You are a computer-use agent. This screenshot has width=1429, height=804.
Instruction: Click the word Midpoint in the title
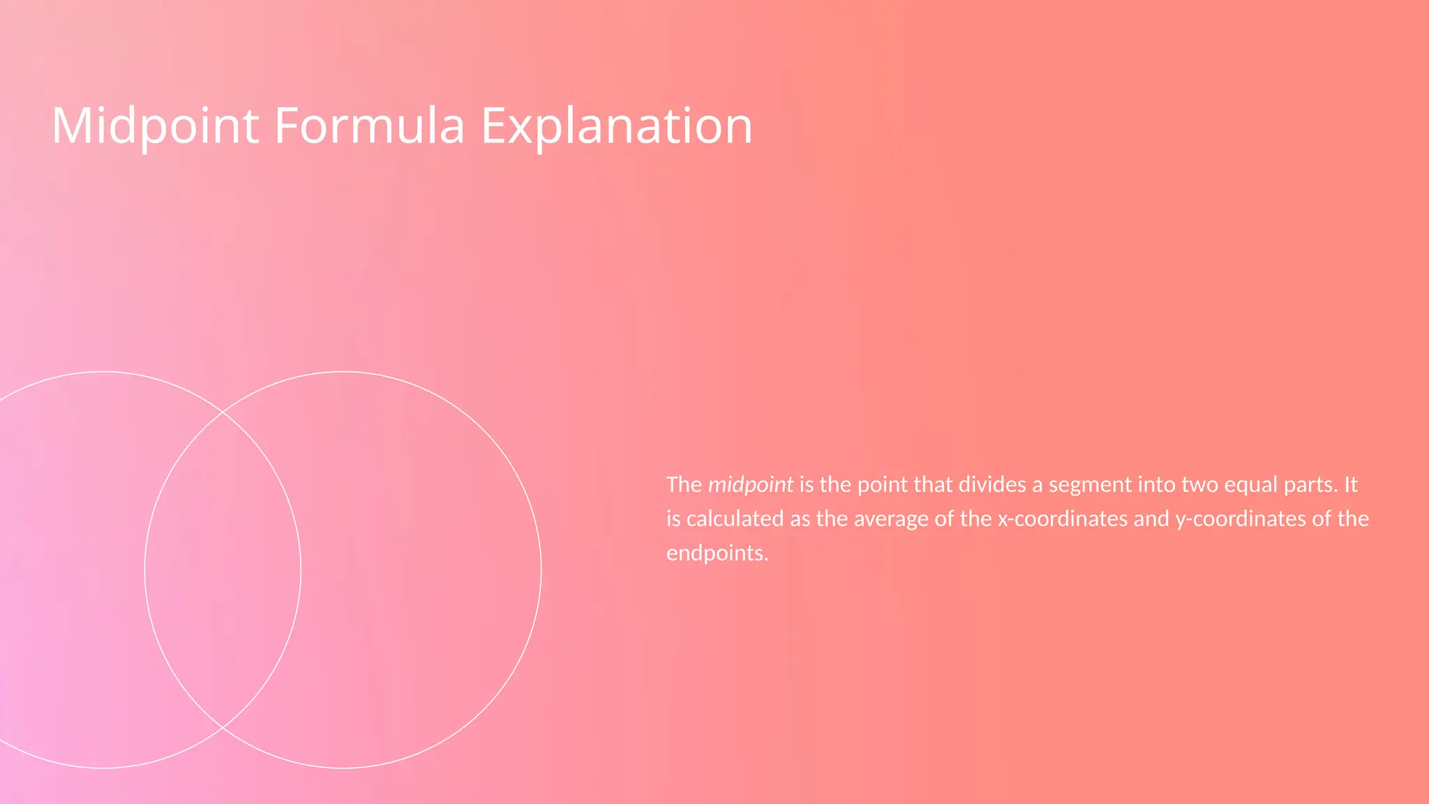tap(155, 126)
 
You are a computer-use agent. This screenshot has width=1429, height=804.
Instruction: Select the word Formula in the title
tap(369, 126)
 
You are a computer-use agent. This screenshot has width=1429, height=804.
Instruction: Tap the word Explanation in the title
tap(617, 126)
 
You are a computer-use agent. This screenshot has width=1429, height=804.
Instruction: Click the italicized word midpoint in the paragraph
tap(751, 484)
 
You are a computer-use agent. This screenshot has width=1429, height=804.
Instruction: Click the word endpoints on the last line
tap(717, 553)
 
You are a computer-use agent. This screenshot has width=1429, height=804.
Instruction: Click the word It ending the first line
tap(1350, 484)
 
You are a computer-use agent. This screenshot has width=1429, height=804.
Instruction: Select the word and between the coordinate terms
tap(1151, 519)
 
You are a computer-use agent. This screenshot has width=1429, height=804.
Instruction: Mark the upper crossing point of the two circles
tap(223, 412)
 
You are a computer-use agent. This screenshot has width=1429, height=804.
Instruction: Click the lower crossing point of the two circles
tap(223, 727)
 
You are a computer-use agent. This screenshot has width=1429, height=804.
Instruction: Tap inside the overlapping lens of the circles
tap(223, 569)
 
